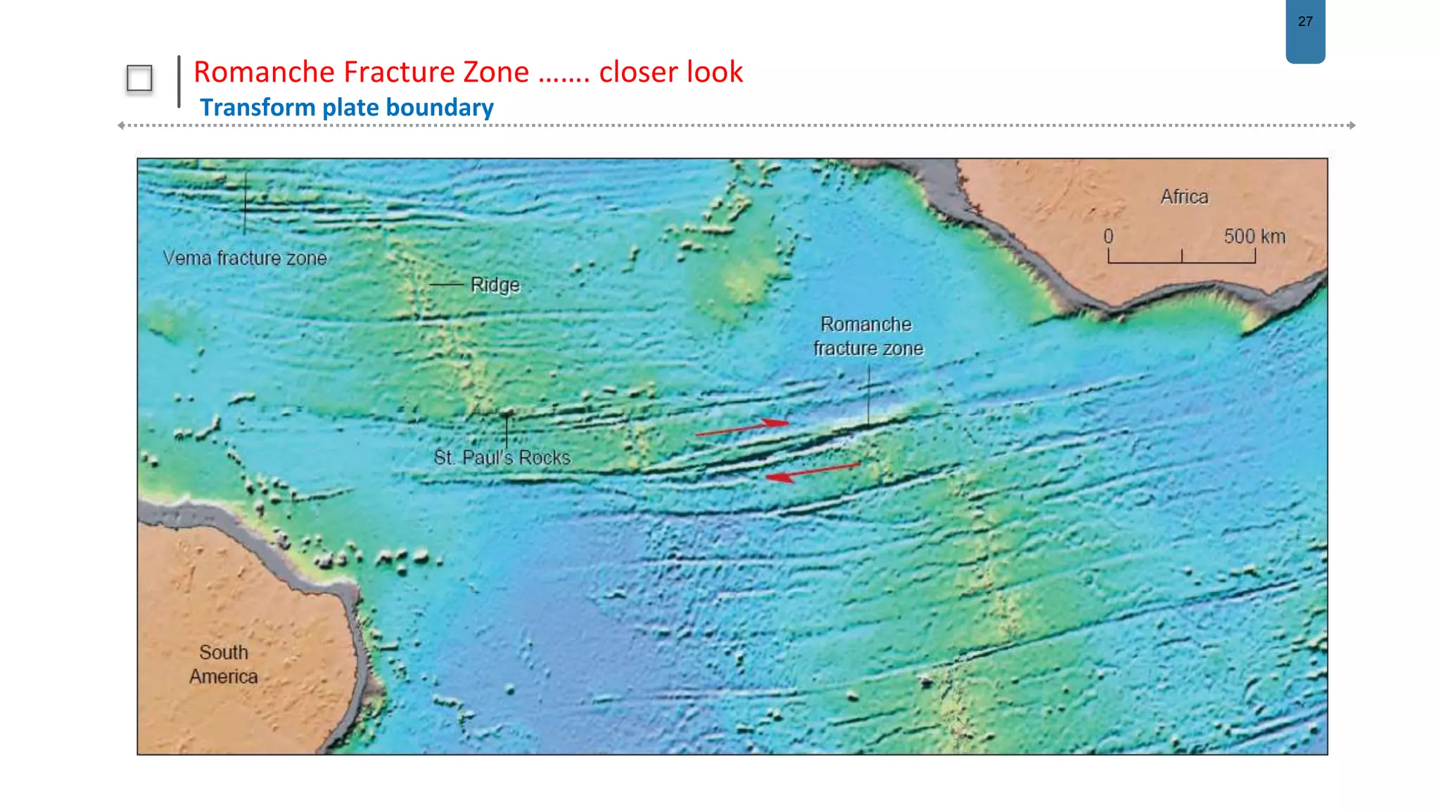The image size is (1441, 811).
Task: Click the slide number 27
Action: point(1305,22)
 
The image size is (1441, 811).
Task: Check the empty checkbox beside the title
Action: point(139,78)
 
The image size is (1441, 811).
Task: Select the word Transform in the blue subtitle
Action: point(258,108)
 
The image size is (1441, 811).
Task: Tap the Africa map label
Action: point(1184,196)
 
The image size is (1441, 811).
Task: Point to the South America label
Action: point(224,664)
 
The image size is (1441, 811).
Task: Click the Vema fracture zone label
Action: point(245,258)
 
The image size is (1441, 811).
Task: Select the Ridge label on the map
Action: point(495,285)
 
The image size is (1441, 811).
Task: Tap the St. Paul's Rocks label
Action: point(502,458)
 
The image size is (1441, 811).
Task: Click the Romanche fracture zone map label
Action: point(868,337)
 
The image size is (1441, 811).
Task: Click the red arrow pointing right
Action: point(742,427)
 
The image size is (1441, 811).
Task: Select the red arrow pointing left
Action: point(813,472)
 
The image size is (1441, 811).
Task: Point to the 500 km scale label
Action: point(1254,237)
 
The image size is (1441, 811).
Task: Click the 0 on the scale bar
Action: point(1108,237)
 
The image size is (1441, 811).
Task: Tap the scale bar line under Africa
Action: point(1182,262)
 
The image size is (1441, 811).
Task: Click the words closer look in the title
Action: point(671,72)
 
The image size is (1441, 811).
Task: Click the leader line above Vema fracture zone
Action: point(245,204)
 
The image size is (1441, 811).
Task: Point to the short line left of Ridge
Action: point(446,284)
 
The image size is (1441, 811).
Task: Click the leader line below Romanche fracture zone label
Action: point(869,394)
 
